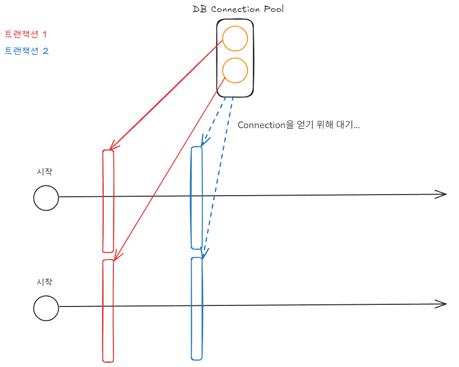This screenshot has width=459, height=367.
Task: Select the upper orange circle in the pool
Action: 235,39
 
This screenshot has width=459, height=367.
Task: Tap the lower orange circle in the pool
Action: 235,70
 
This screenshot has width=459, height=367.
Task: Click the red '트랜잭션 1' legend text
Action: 26,34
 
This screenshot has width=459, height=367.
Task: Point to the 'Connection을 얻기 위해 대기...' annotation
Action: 299,125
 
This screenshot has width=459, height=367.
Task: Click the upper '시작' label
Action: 44,172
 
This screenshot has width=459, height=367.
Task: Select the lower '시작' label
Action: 44,282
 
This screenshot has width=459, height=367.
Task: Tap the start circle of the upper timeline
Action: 46,197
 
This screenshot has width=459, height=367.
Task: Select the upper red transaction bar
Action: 108,201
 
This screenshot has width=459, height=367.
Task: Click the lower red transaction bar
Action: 108,310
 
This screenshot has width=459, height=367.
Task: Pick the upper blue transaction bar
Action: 197,197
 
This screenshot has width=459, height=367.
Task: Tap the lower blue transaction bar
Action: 197,308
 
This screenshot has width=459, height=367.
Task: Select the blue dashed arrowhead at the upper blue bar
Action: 203,142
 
